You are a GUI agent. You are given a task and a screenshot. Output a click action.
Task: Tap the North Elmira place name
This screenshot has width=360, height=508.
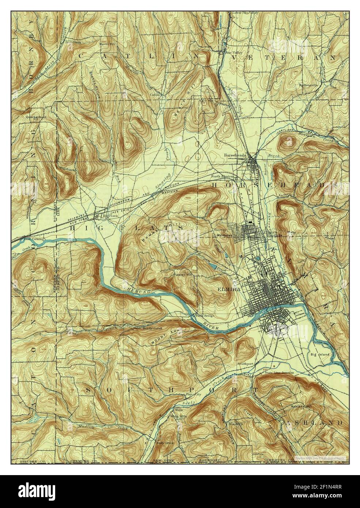(222, 177)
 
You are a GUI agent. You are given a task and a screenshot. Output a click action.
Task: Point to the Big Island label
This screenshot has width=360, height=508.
(320, 354)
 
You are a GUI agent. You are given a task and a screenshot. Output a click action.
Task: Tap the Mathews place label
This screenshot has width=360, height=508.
(223, 235)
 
